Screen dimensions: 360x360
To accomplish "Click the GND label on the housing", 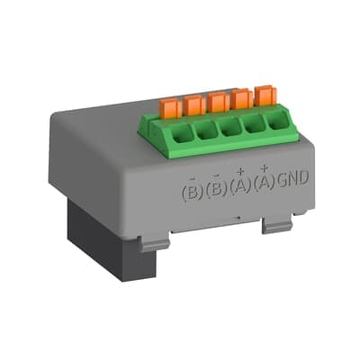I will (292, 179).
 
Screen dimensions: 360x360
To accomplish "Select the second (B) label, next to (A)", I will (214, 190).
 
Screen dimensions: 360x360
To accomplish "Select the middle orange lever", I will (219, 101).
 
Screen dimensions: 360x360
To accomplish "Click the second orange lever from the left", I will (194, 104).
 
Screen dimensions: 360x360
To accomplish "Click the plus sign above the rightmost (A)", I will (264, 168).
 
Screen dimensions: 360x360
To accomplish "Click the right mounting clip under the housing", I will (275, 224).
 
